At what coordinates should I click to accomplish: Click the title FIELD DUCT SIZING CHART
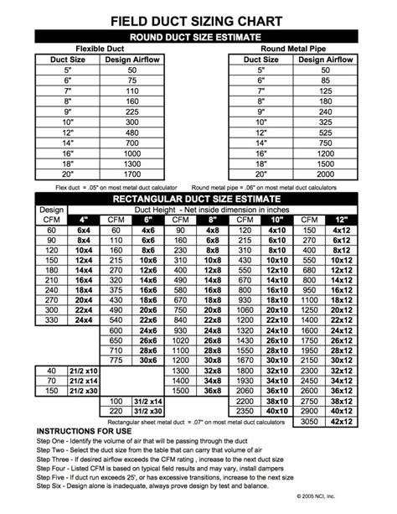coord(198,18)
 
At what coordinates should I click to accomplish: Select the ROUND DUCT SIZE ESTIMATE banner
coord(198,37)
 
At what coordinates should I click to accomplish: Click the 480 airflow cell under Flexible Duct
coord(131,132)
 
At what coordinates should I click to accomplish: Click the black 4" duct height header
coord(84,219)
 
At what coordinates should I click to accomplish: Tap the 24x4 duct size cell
coord(84,319)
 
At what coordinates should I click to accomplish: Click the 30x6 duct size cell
coord(147,359)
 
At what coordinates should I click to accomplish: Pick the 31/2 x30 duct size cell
coord(147,412)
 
